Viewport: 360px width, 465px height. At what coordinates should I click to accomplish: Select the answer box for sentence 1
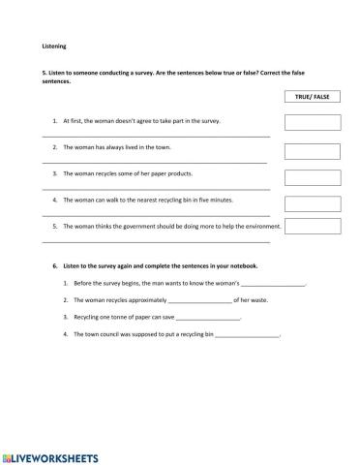312,122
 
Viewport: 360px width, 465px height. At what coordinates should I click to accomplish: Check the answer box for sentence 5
312,228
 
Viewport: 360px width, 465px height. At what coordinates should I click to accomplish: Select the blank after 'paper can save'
208,317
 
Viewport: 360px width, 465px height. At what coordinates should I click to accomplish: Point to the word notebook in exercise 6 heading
242,264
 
